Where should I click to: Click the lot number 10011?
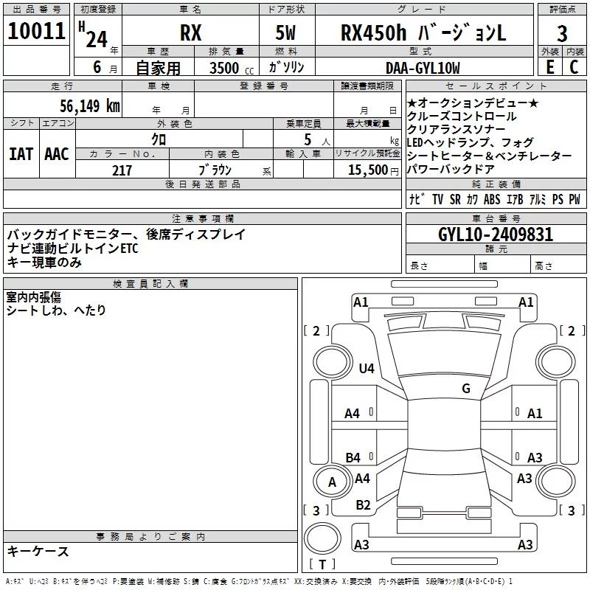pos(36,31)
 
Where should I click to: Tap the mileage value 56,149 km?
pos(90,106)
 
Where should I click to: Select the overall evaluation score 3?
pos(562,34)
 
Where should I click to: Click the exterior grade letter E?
pos(549,67)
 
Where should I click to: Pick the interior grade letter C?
pos(574,67)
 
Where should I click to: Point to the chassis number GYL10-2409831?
pos(496,235)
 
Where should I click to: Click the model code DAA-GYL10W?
pos(423,68)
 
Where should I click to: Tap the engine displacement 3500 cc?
pos(232,68)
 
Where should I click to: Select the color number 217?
pos(122,170)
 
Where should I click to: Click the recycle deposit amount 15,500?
pos(367,170)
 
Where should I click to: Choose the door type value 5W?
pos(285,32)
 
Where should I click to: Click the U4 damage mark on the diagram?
pos(367,368)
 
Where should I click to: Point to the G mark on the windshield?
pos(466,389)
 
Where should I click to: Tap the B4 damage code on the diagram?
pos(353,457)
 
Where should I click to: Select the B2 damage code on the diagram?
pos(363,505)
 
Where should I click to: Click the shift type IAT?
pos(21,154)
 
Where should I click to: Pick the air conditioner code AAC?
pos(57,154)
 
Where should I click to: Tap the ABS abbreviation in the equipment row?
pos(492,199)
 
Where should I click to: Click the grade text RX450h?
pos(374,32)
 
